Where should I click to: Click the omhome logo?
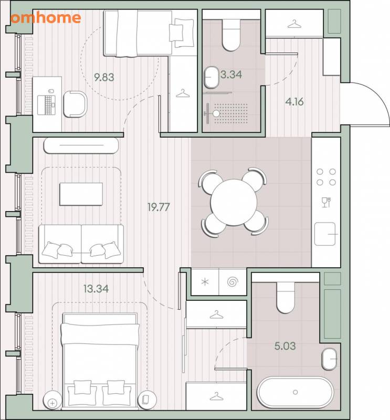(x=46, y=18)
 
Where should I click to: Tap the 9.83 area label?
(x=104, y=77)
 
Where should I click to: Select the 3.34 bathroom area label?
(x=231, y=74)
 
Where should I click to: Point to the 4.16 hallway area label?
(x=294, y=101)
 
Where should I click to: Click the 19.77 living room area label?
(x=159, y=207)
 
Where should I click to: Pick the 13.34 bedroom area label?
(x=96, y=289)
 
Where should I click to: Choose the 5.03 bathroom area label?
(x=285, y=346)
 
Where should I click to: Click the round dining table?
(x=234, y=202)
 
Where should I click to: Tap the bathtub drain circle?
(x=295, y=392)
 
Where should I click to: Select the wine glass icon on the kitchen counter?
(x=326, y=202)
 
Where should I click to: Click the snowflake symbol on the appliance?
(x=205, y=282)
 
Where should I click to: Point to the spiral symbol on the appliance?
(x=233, y=282)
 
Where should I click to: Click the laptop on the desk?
(x=46, y=104)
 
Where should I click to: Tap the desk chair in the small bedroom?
(x=75, y=104)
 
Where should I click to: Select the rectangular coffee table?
(x=81, y=194)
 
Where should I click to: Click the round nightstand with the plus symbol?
(x=52, y=403)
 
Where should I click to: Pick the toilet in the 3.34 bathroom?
(x=231, y=35)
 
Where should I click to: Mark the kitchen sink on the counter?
(x=325, y=234)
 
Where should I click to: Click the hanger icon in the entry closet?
(x=294, y=24)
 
